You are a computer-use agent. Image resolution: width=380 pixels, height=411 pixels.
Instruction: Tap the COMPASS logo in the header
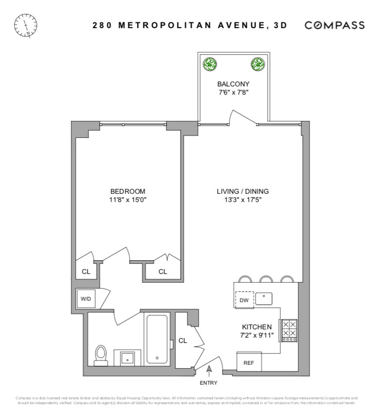334,25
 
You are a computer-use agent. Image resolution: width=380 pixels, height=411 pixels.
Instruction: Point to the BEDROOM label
127,191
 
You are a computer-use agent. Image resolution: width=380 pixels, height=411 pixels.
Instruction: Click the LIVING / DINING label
242,191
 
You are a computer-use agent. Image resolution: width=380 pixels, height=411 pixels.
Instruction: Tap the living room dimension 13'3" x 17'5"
242,200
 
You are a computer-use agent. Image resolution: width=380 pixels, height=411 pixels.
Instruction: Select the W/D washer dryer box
86,299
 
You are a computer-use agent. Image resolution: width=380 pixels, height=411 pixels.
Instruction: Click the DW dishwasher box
244,300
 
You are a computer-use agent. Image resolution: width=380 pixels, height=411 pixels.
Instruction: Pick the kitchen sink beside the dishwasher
264,298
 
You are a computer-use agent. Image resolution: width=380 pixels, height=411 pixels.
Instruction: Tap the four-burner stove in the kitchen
289,330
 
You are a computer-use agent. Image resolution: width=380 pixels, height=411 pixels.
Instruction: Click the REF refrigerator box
248,362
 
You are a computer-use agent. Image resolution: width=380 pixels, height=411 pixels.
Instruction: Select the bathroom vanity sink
128,358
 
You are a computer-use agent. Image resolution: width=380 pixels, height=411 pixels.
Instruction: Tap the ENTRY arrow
209,372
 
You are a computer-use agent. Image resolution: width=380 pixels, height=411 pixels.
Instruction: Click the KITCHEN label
257,327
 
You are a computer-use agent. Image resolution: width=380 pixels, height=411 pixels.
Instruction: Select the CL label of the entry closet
183,341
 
